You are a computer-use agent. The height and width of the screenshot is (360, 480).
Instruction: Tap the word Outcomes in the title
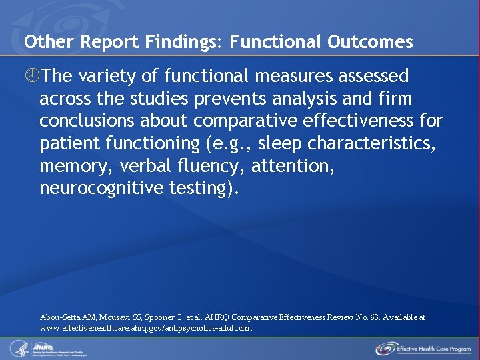pos(370,42)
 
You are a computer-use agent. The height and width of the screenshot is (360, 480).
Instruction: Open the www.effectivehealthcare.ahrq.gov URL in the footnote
pos(147,328)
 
